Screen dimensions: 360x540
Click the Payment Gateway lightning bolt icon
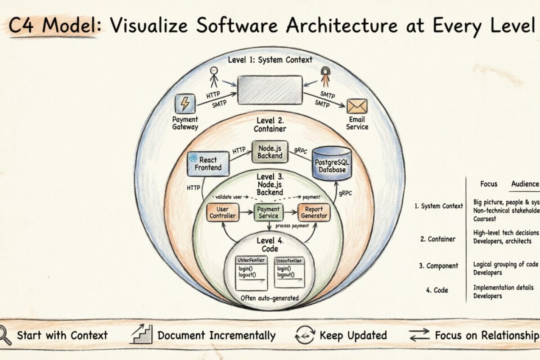point(184,104)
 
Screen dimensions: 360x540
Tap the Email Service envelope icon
point(357,106)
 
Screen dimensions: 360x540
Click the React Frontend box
point(208,163)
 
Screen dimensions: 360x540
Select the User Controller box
point(223,212)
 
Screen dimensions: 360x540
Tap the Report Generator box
point(314,212)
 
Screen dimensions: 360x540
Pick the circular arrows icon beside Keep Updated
point(305,335)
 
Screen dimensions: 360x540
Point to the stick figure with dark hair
point(325,76)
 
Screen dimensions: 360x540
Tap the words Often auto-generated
point(270,297)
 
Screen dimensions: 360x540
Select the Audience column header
point(525,184)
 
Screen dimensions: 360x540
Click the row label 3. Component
point(439,265)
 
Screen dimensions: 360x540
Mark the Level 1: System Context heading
point(270,59)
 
